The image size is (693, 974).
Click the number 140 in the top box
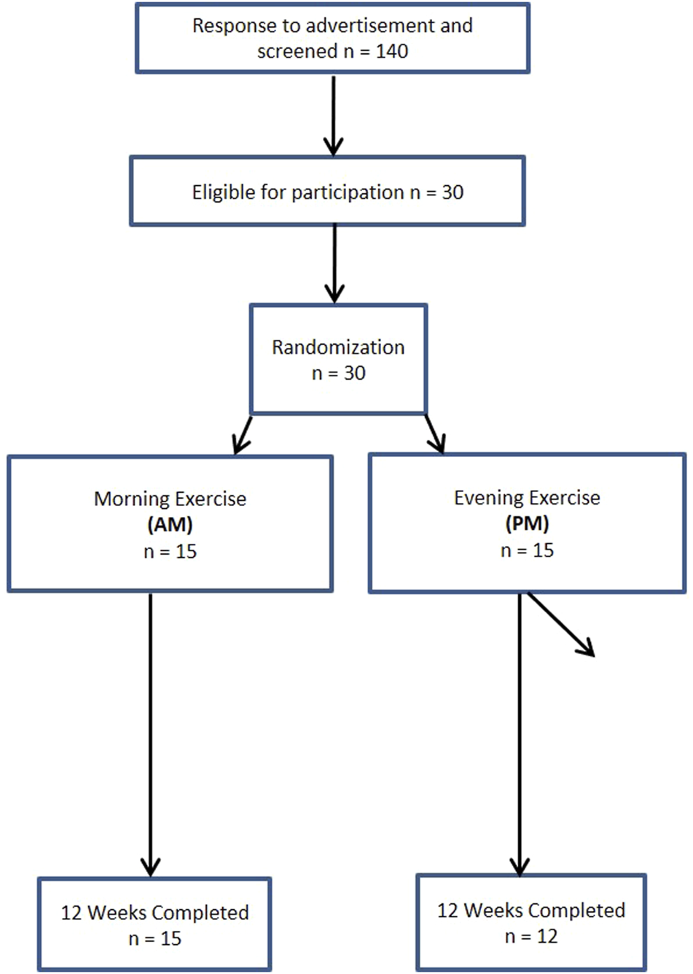click(391, 52)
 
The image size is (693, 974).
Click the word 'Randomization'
click(338, 347)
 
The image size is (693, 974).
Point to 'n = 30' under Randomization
click(338, 373)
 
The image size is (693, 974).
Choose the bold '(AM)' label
click(170, 525)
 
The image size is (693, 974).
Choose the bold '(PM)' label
click(527, 523)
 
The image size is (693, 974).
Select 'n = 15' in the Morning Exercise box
click(170, 551)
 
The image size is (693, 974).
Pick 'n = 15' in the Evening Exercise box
click(527, 550)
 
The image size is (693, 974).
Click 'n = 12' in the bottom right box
click(531, 937)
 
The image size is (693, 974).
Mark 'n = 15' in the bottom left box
click(154, 939)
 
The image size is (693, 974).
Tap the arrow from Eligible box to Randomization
click(334, 263)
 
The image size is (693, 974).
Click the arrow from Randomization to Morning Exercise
click(243, 435)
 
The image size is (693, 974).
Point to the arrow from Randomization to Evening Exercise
click(435, 435)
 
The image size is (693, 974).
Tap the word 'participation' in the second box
click(347, 192)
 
